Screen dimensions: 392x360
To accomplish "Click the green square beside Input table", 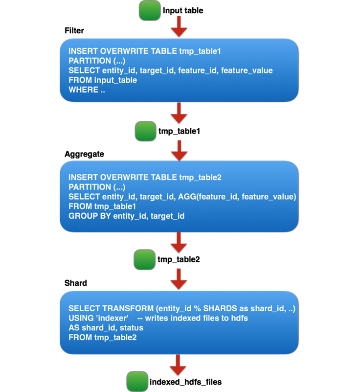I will [150, 11].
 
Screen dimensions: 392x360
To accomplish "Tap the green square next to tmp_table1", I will [145, 132].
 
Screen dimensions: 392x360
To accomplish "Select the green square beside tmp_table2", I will [144, 259].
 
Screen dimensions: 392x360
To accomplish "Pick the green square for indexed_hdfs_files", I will [136, 381].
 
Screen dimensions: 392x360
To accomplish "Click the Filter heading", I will [74, 31].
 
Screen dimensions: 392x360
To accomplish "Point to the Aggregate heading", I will [84, 154].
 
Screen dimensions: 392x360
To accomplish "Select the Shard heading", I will [75, 283].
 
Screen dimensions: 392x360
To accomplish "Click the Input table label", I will [182, 11].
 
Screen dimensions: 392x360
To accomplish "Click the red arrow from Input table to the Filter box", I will [180, 30].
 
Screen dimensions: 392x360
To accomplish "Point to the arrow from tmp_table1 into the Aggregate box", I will [180, 151].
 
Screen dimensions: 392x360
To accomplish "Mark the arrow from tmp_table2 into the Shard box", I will [180, 280].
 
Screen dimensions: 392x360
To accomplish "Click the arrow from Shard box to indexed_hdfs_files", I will [180, 364].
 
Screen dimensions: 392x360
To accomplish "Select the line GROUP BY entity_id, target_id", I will [126, 216].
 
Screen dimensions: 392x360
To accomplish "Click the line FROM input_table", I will [102, 80].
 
